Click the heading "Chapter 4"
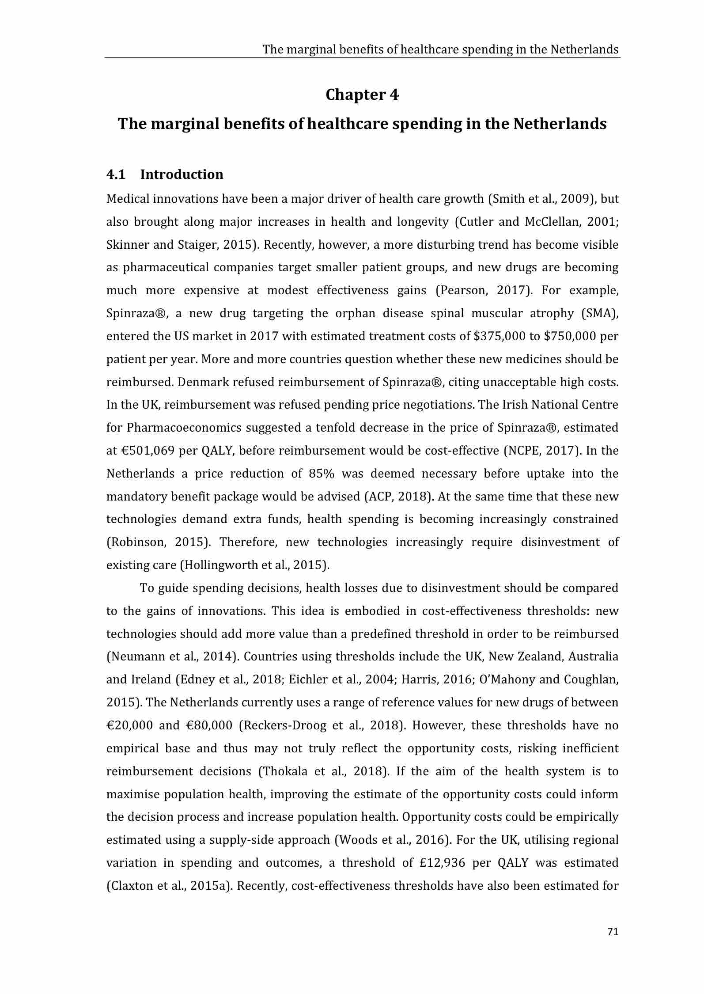click(362, 95)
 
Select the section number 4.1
click(116, 175)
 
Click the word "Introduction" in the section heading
click(182, 175)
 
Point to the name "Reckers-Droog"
click(289, 726)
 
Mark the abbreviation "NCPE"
click(523, 451)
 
